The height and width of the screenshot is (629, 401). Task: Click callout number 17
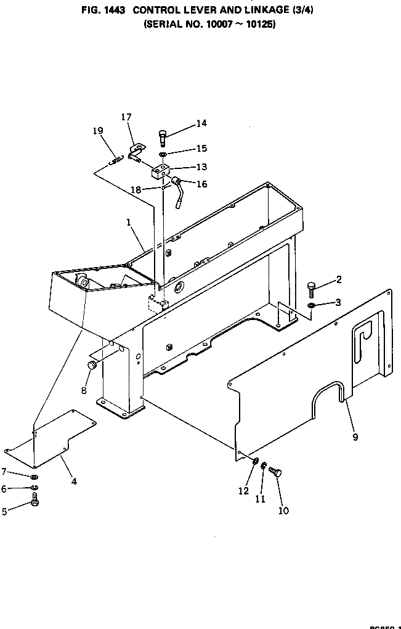click(126, 117)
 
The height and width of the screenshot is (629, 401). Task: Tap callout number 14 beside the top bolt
click(201, 123)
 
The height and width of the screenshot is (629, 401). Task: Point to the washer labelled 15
click(163, 154)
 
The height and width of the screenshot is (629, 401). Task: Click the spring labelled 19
click(113, 161)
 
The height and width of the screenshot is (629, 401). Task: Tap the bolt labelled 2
click(312, 289)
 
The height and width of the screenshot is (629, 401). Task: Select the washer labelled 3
click(312, 306)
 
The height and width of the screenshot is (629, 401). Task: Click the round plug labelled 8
click(92, 366)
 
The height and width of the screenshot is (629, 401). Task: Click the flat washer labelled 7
click(35, 477)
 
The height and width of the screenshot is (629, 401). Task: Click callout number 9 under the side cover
click(355, 437)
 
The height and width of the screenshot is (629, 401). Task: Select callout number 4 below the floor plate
click(74, 481)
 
